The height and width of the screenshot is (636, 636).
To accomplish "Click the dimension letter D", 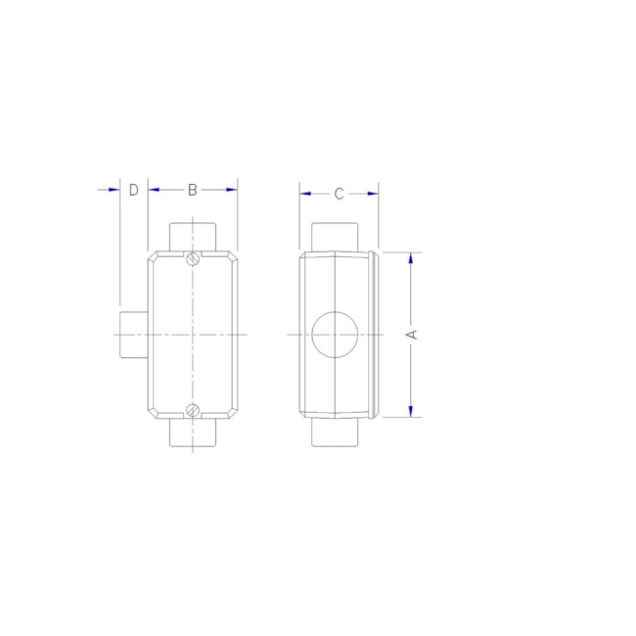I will pos(133,189).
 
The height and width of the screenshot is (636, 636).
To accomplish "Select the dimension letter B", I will pos(193,189).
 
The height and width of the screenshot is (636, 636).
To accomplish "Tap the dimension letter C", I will pos(339,194).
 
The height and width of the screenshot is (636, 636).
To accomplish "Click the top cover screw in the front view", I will pos(193,259).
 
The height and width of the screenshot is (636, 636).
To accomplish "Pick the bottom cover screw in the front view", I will pos(193,409).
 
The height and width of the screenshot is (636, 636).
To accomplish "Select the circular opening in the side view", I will pos(335,335).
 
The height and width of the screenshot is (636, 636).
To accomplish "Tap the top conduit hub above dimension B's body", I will pos(193,236).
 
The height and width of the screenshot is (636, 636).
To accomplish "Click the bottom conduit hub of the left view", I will pos(193,432).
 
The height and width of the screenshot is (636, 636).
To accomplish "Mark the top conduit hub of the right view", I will pos(336,238).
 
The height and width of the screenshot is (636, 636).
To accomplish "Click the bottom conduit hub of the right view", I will pos(336,432).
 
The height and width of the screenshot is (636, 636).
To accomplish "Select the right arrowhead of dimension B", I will pos(232,189).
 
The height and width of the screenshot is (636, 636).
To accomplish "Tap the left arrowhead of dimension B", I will pos(154,189).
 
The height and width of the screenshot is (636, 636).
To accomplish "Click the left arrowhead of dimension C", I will pos(305,194).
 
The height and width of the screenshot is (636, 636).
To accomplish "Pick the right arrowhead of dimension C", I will pos(373,194).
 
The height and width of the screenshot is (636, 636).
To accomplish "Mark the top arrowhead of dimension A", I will pos(412,258).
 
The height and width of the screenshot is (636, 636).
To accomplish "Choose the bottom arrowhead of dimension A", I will pos(412,411).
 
